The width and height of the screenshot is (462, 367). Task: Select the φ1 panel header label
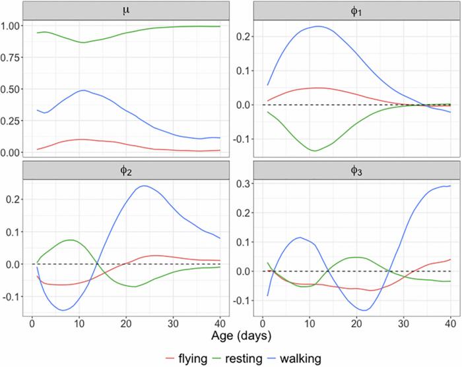click(355, 9)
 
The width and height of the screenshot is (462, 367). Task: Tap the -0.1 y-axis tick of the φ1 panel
click(242, 139)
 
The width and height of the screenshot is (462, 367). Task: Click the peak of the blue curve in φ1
click(319, 26)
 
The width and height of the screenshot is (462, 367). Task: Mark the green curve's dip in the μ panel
click(82, 42)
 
